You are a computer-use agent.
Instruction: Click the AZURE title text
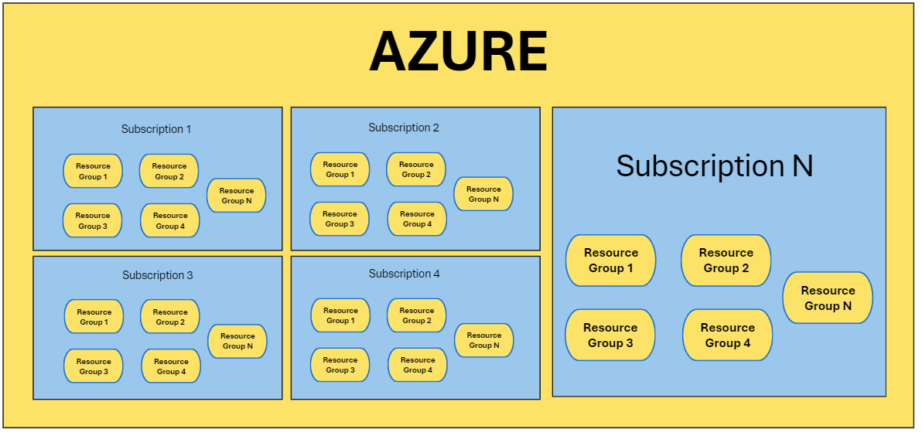pos(458,53)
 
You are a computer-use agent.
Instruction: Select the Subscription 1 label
pos(156,129)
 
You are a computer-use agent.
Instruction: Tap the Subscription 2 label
pos(404,128)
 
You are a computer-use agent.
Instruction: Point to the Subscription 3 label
pos(158,275)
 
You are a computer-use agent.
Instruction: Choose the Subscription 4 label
pos(405,274)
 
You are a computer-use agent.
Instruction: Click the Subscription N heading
pos(715,166)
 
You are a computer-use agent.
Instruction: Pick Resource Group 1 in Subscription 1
pos(93,171)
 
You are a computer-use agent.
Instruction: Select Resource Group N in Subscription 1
pos(237,196)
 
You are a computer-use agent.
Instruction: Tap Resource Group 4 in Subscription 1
pos(169,220)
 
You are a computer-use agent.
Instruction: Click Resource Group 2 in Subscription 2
pos(416,169)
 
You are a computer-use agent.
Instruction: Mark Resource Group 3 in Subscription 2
pos(340,219)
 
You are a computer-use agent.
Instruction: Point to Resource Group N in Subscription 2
pos(483,194)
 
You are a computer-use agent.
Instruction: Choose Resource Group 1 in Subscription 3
pos(94,317)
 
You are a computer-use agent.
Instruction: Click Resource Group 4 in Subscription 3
pos(171,366)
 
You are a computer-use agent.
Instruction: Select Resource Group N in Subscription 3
pos(237,341)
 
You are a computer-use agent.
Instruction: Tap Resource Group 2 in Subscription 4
pos(417,315)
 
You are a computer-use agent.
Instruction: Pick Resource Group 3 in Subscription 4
pos(340,365)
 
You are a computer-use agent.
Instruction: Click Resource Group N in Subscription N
pos(828,298)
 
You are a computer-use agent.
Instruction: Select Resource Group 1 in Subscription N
pos(611,261)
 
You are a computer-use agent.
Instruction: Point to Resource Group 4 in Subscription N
pos(728,336)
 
